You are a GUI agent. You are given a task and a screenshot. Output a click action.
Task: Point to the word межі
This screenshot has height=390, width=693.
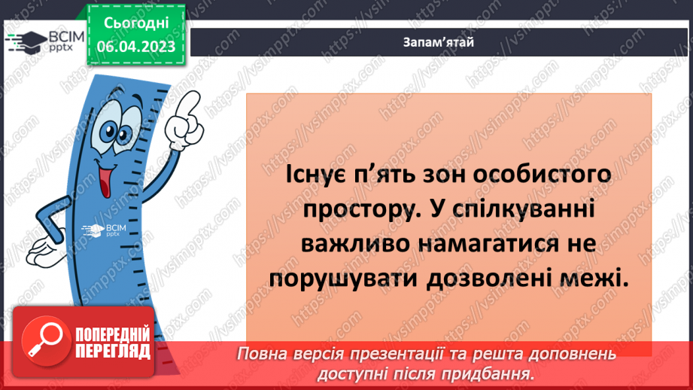[x=594, y=279]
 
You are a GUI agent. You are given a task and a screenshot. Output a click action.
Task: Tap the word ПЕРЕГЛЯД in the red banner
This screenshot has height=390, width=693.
[x=113, y=351]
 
